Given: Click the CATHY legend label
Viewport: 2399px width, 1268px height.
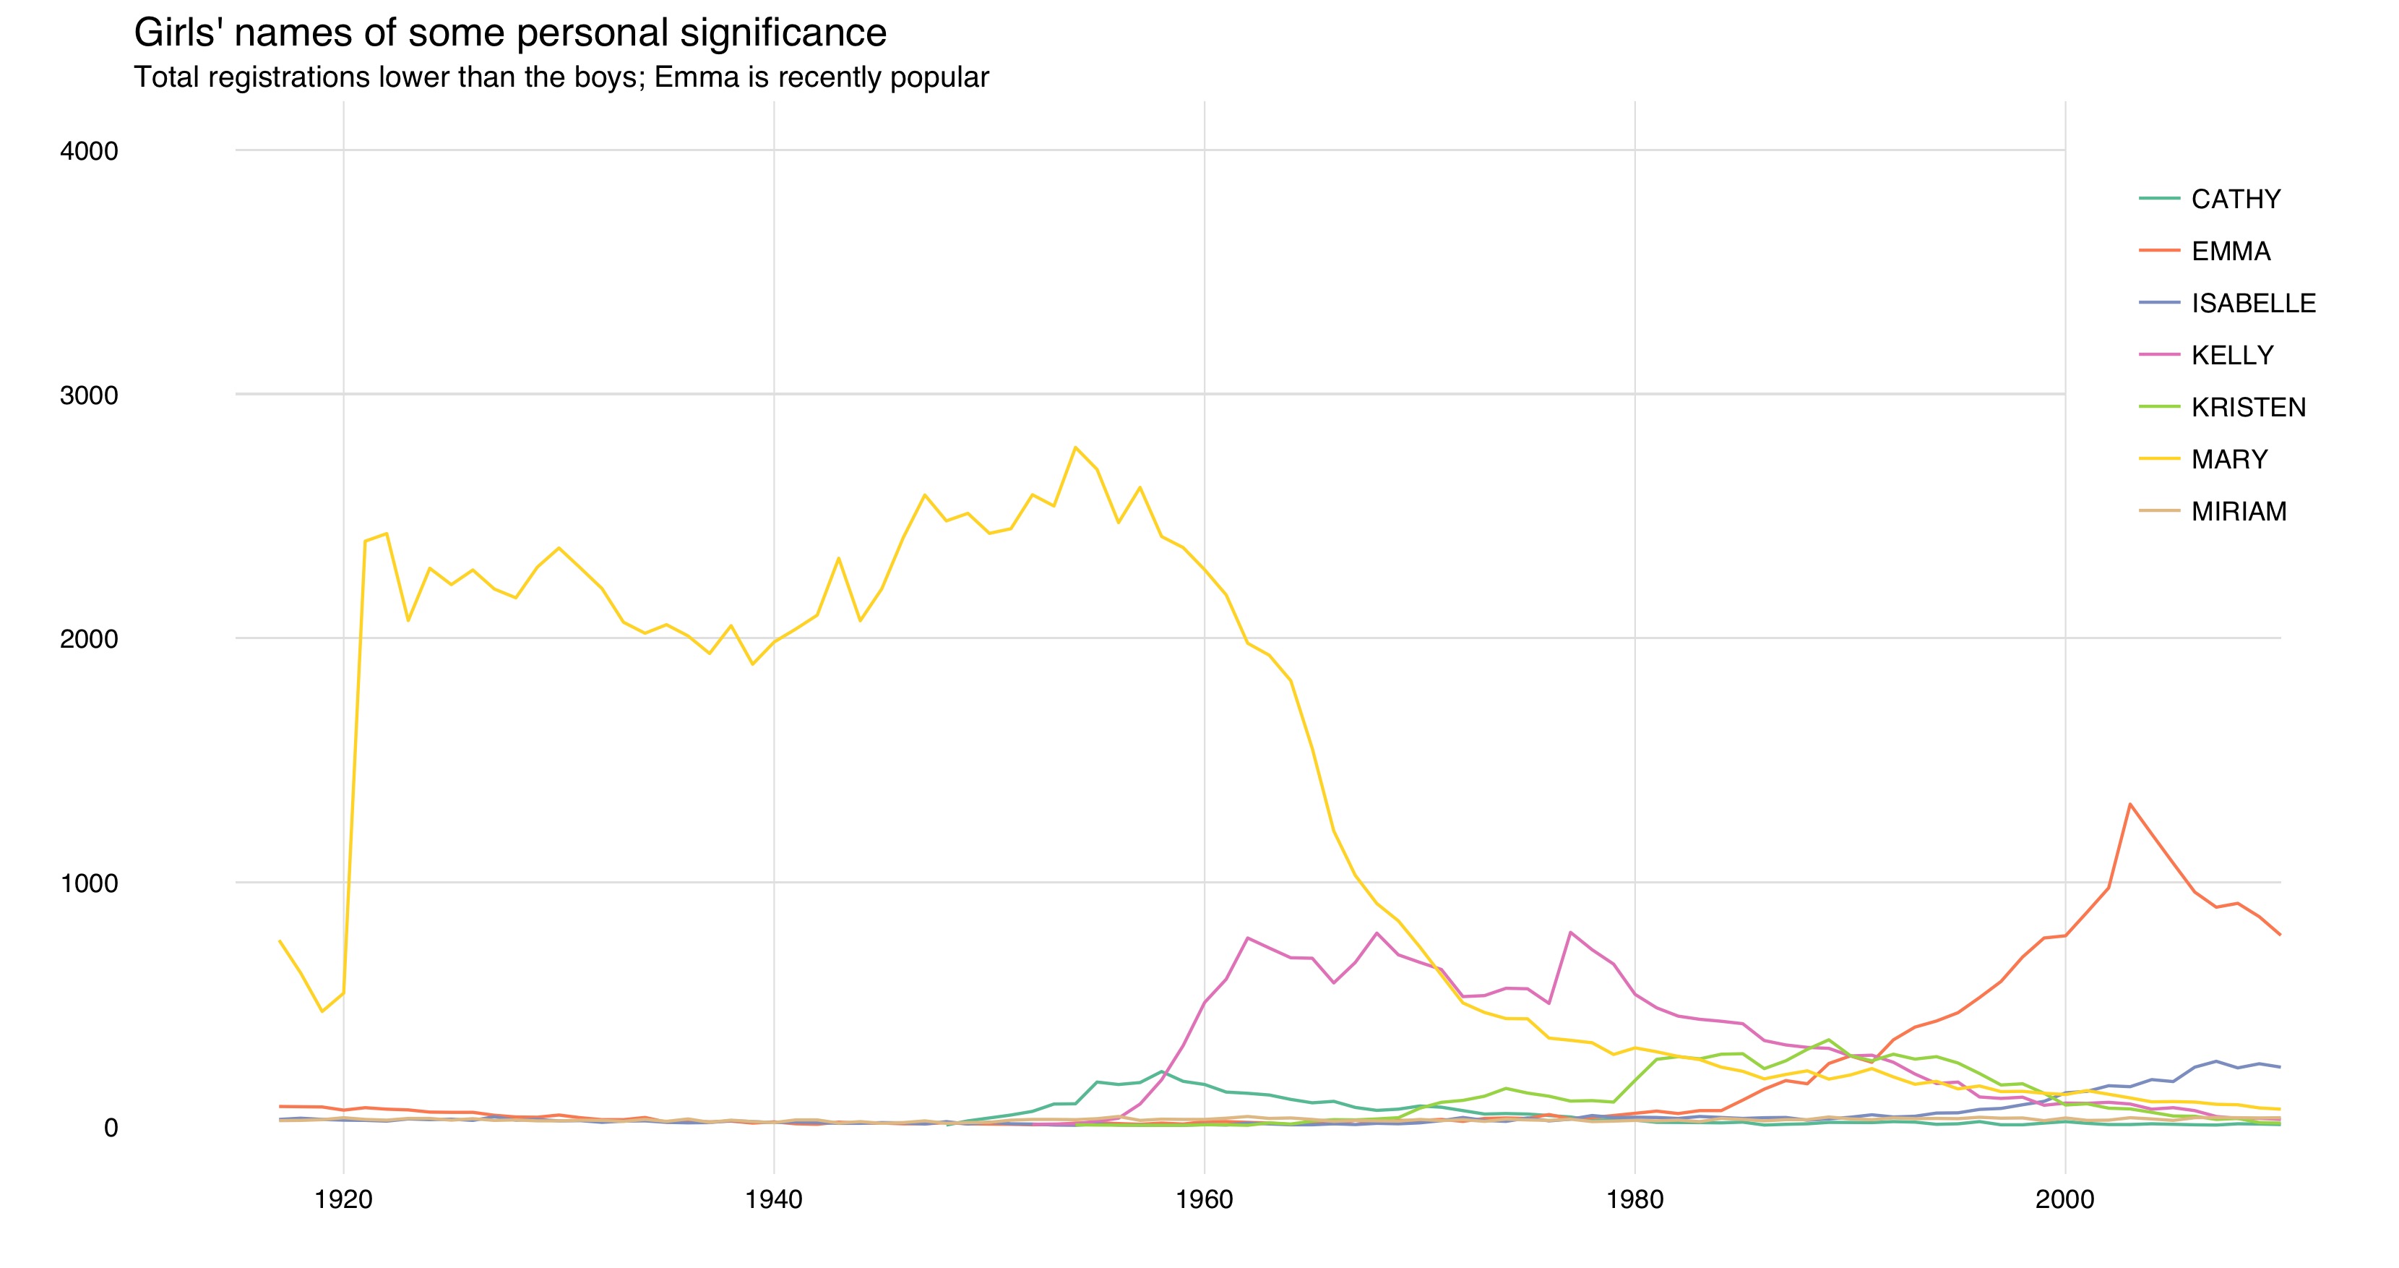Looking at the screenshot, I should (2235, 200).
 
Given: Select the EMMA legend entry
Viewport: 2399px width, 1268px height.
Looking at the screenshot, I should (2231, 252).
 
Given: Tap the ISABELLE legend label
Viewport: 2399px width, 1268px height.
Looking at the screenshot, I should (2253, 304).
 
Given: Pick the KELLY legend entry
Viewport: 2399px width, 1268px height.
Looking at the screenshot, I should (2232, 356).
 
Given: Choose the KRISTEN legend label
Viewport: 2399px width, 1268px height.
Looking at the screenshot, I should (2248, 408).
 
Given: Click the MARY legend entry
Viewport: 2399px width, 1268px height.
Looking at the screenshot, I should (2229, 460).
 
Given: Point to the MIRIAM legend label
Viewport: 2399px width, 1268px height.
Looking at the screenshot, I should (2239, 513).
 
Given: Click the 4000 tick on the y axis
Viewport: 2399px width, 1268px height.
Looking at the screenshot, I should (90, 151).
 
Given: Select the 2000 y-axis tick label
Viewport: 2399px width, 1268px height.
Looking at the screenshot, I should (90, 639).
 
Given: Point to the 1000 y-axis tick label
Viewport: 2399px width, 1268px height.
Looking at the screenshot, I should (90, 883).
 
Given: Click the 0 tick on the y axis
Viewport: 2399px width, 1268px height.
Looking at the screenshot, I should (111, 1128).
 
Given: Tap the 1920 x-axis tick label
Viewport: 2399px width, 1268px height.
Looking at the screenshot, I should (344, 1200).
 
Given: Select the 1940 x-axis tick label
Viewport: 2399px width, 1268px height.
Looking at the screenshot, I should (774, 1200).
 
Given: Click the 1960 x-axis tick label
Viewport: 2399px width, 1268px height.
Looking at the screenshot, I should (1204, 1200).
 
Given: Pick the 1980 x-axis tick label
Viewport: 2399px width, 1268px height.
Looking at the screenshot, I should (1634, 1200).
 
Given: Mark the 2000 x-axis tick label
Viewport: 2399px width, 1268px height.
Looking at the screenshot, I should (2064, 1200).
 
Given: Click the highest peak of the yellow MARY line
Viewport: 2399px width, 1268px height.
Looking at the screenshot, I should (1076, 448).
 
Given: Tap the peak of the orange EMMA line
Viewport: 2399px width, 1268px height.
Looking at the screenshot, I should (2130, 804).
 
